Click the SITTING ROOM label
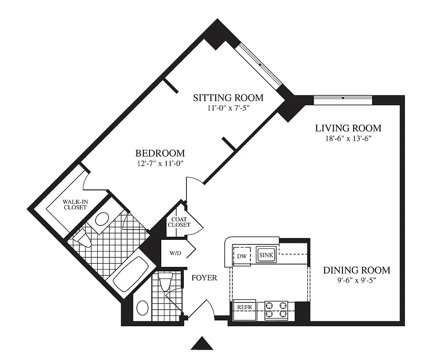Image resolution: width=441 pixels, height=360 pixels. (x=228, y=98)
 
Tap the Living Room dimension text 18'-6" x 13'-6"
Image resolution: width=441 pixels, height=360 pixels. (x=348, y=139)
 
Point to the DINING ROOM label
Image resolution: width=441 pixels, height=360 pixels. (x=356, y=270)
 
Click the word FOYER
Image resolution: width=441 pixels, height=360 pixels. (x=204, y=278)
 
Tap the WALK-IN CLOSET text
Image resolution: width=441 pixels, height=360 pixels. (x=75, y=205)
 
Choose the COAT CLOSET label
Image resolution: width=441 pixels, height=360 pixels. (x=179, y=222)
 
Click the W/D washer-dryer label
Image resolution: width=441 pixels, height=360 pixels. (x=175, y=253)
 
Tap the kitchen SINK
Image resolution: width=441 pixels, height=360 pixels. (x=265, y=255)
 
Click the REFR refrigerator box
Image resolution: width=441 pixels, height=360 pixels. (x=244, y=307)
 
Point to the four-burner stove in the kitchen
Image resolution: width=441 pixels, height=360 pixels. (x=276, y=310)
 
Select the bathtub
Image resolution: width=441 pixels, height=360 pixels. (x=130, y=274)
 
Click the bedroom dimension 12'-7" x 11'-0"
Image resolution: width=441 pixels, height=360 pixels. (x=162, y=163)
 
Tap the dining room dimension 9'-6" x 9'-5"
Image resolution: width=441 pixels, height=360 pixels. (x=356, y=280)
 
